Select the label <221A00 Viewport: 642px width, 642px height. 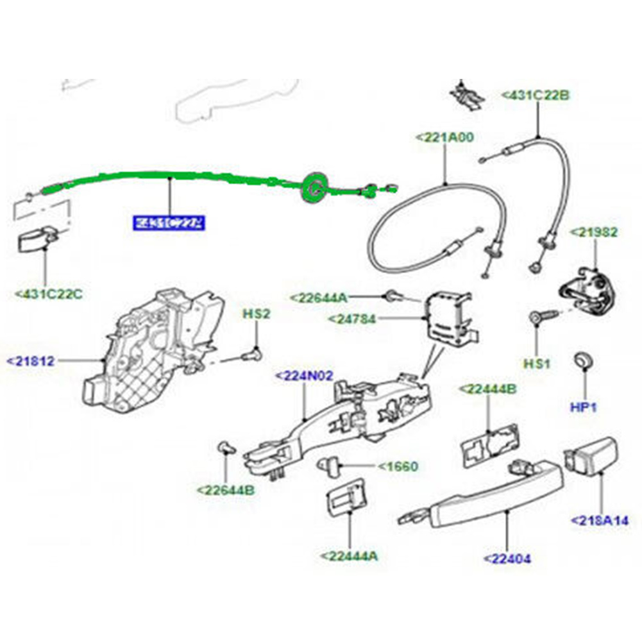coord(445,137)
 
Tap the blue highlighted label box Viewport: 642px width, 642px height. coord(169,223)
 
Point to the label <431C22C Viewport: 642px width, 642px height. coord(49,294)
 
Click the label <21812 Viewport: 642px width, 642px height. coord(31,361)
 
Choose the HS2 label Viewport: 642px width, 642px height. coord(256,314)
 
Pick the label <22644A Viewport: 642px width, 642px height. coord(318,297)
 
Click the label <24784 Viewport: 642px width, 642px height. coord(351,319)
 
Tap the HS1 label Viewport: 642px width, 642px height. coord(536,364)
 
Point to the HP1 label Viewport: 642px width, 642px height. coord(584,407)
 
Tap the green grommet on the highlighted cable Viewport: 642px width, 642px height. coord(315,187)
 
